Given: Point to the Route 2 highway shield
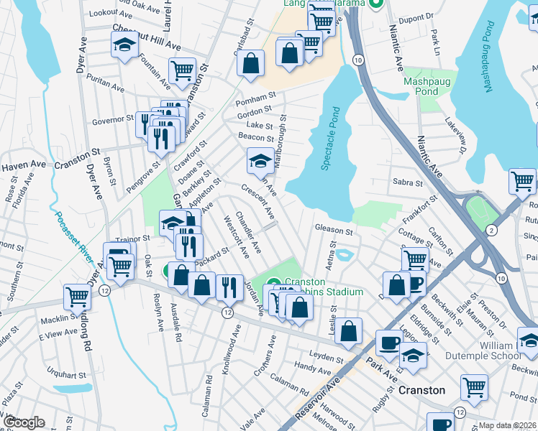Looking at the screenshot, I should click(x=491, y=230).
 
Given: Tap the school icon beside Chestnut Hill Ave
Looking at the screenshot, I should click(x=124, y=45).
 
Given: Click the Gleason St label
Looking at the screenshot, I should click(x=333, y=231).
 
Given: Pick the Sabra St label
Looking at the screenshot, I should click(x=406, y=182).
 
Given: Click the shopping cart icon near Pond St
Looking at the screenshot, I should click(x=474, y=387).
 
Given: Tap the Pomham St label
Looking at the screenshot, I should click(x=260, y=96).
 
